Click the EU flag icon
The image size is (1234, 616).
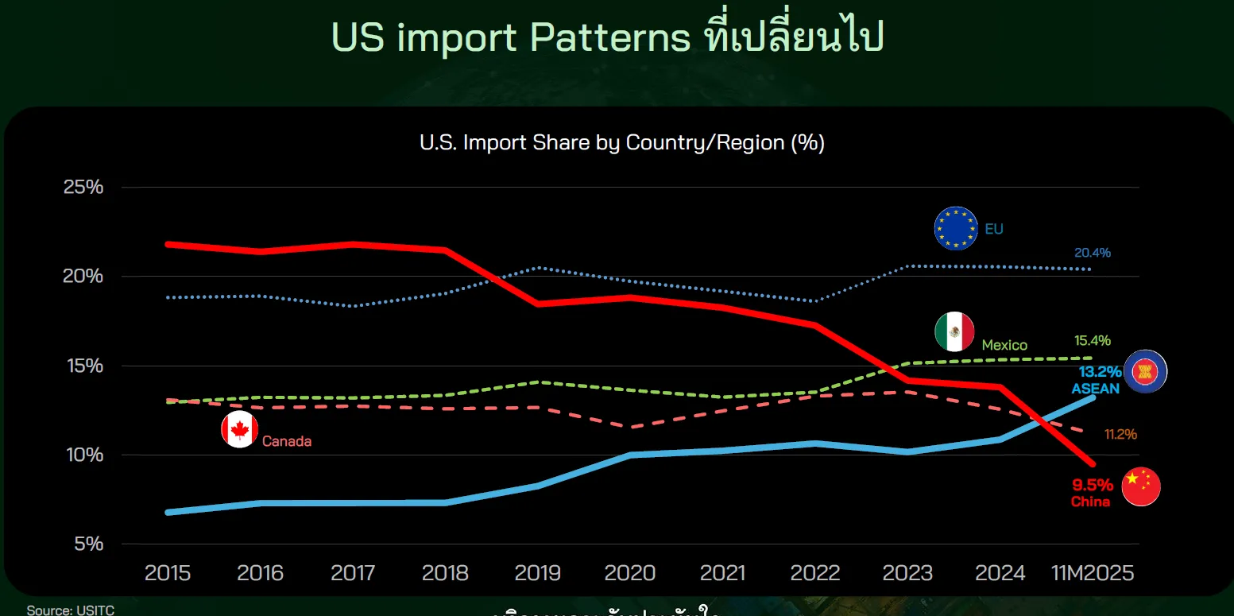coord(956,229)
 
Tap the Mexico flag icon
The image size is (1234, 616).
coord(954,331)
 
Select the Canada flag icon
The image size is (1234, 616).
coord(240,430)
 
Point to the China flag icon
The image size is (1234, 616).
coord(1141,486)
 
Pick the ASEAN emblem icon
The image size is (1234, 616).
coord(1145,371)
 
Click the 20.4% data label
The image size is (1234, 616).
coord(1093,253)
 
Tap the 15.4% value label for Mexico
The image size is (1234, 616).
coord(1093,340)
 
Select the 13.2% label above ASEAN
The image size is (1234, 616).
coord(1100,371)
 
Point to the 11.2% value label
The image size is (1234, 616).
coord(1120,435)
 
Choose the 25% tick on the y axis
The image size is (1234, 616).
coord(83,188)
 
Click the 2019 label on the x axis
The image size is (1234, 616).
coord(538,573)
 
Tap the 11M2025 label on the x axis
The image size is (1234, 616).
coord(1093,573)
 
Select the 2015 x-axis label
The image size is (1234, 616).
coord(168,573)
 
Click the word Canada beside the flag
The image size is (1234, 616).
coord(287,441)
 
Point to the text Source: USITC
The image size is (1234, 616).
coord(71,610)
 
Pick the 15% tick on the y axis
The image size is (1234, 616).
coord(83,366)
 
